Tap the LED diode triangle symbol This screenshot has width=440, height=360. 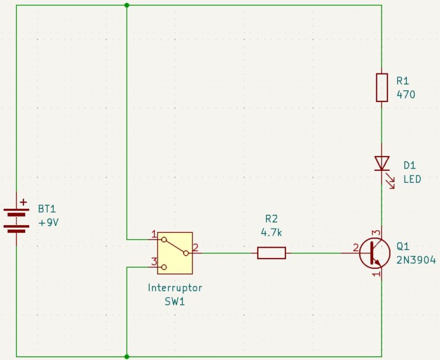pyautogui.click(x=382, y=163)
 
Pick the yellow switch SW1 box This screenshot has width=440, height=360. pyautogui.click(x=175, y=253)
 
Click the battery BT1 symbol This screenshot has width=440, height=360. pyautogui.click(x=16, y=221)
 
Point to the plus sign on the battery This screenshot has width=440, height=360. pyautogui.click(x=23, y=202)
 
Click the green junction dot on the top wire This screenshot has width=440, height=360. pyautogui.click(x=127, y=5)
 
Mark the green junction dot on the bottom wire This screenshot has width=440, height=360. pyautogui.click(x=127, y=357)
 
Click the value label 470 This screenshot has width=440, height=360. pyautogui.click(x=406, y=95)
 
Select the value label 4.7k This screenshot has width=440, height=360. pyautogui.click(x=272, y=233)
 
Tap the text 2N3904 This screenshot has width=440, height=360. pyautogui.click(x=416, y=260)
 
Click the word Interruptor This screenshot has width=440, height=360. pyautogui.click(x=175, y=288)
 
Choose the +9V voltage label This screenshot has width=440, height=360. pyautogui.click(x=49, y=222)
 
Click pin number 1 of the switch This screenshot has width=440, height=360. pyautogui.click(x=154, y=234)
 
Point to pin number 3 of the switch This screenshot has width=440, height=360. pyautogui.click(x=154, y=262)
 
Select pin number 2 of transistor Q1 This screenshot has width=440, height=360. pyautogui.click(x=356, y=248)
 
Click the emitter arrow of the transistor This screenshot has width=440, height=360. pyautogui.click(x=378, y=263)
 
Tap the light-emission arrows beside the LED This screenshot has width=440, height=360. pyautogui.click(x=390, y=181)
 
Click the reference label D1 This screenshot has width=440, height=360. pyautogui.click(x=410, y=166)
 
